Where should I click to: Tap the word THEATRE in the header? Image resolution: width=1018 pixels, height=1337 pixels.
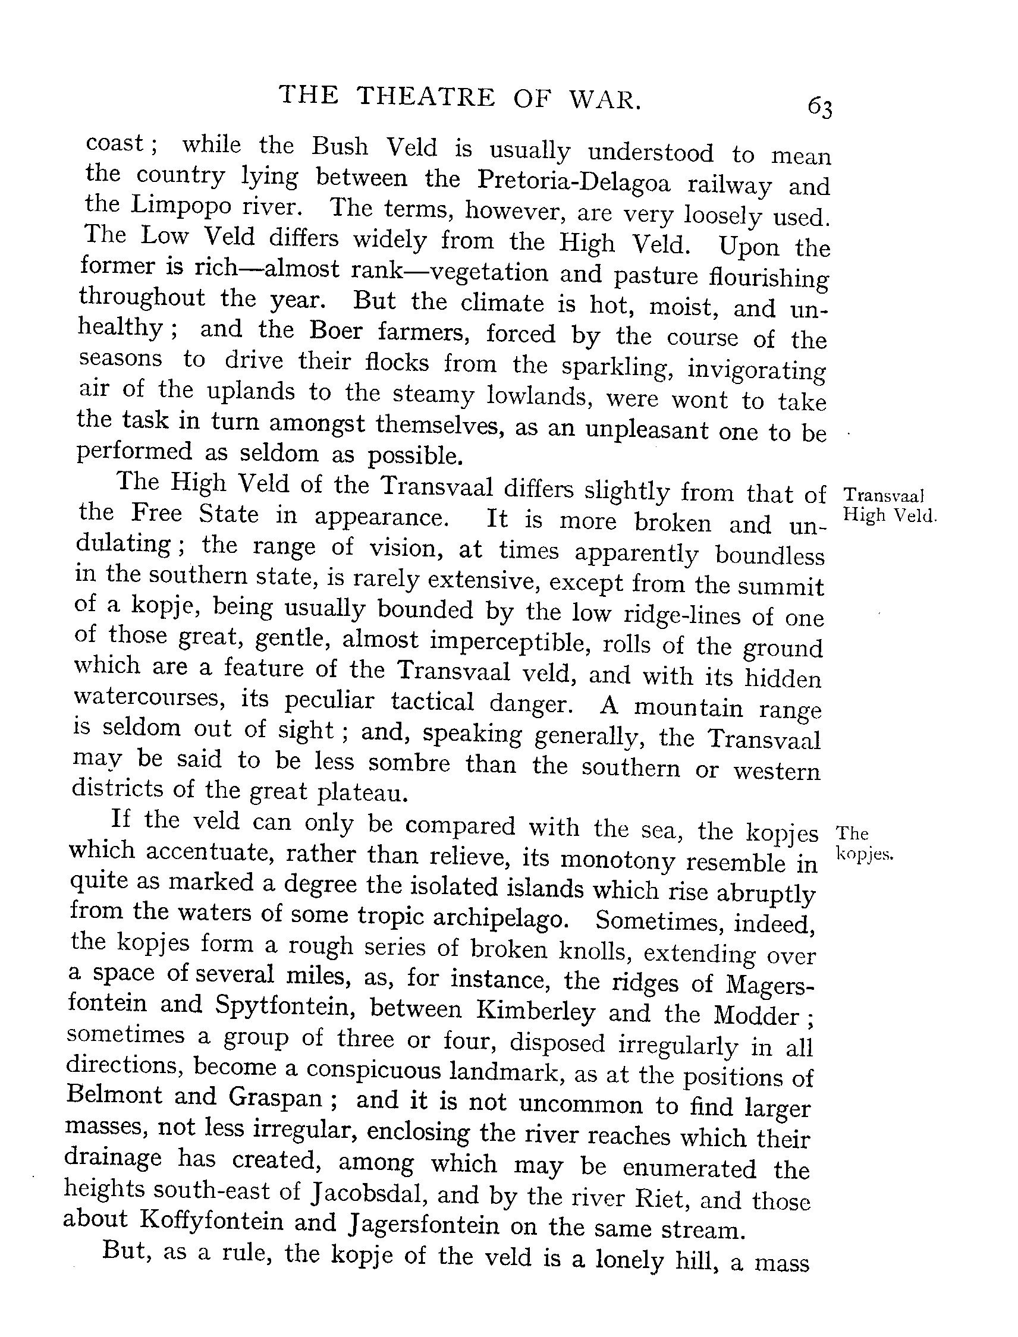(x=425, y=97)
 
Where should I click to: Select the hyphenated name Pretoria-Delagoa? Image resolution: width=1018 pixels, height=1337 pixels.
(x=573, y=180)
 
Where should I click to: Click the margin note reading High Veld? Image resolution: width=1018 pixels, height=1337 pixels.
(x=890, y=515)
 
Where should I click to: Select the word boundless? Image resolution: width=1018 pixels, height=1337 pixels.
(x=769, y=555)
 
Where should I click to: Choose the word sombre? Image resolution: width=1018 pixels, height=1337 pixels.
(x=409, y=763)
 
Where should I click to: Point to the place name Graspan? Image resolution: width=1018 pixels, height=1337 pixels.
(x=275, y=1097)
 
